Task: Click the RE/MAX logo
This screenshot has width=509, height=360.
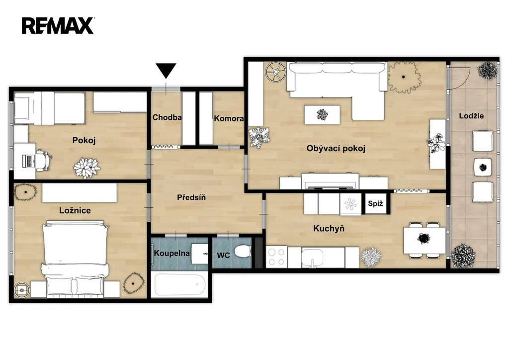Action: [x=58, y=26]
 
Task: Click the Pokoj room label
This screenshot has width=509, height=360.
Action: [x=84, y=141]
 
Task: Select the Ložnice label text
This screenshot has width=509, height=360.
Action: [x=75, y=210]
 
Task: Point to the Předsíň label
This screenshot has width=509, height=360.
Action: [x=191, y=197]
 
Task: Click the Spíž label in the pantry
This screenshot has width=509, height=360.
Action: [x=375, y=203]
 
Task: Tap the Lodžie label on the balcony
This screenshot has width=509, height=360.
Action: [x=471, y=116]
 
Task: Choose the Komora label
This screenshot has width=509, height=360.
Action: [x=229, y=118]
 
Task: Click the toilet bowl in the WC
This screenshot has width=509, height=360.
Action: [x=242, y=251]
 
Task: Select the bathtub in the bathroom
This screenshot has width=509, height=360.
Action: [x=180, y=285]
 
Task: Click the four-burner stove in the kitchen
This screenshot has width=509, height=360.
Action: [x=276, y=257]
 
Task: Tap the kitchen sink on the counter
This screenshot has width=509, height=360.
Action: [x=312, y=259]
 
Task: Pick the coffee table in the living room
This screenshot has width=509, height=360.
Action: [x=322, y=114]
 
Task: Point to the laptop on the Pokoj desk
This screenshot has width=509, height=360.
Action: [x=28, y=161]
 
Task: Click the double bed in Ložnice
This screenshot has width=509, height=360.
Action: [x=75, y=259]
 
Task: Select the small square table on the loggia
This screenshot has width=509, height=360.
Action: [x=483, y=168]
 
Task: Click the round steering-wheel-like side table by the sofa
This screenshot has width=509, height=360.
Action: [x=275, y=72]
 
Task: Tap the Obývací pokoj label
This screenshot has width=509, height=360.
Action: [x=336, y=148]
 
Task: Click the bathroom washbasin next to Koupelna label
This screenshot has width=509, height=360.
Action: [x=199, y=254]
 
